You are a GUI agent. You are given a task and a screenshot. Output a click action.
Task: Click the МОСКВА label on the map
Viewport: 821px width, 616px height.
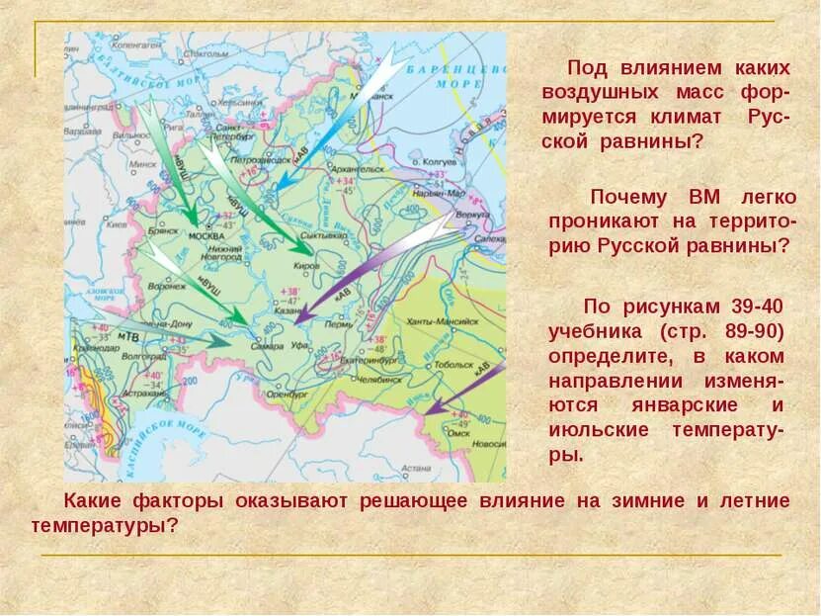point(206,236)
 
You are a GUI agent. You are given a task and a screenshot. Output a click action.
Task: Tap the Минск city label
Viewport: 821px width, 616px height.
point(117,165)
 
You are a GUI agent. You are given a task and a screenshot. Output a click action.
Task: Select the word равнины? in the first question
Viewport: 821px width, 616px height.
point(653,141)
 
